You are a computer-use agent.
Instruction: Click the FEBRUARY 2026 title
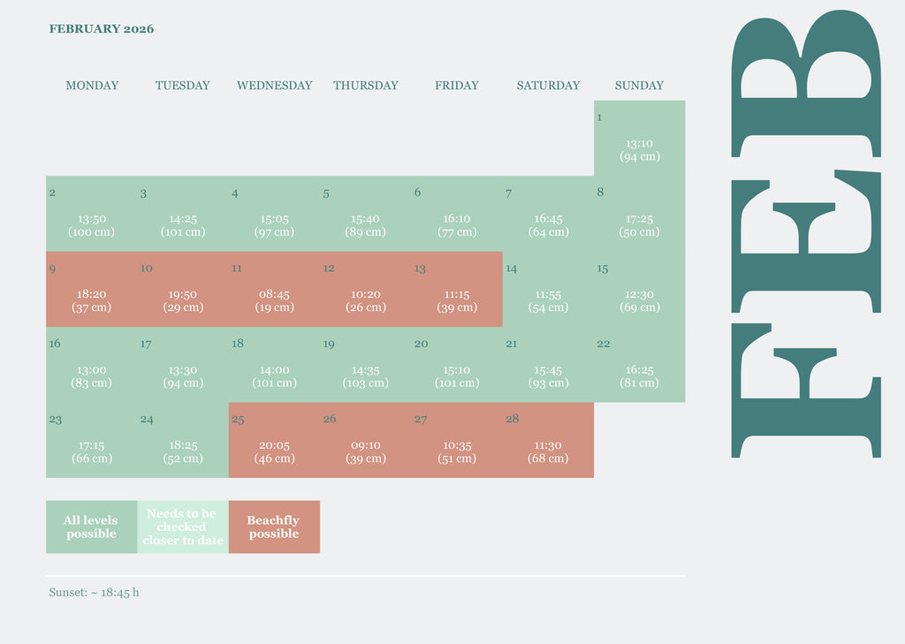[102, 29]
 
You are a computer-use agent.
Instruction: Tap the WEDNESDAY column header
[274, 86]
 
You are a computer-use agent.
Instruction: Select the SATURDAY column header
[548, 86]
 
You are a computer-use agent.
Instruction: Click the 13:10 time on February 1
[639, 143]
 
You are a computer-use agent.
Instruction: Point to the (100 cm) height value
[92, 232]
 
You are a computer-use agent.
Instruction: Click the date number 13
[420, 269]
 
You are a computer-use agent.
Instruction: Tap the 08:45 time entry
[274, 294]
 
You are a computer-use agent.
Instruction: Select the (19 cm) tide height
[274, 307]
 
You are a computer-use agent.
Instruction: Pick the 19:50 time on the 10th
[183, 294]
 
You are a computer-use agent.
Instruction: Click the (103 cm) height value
[365, 383]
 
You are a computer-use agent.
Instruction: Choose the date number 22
[604, 344]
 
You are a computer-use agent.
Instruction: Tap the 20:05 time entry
[274, 446]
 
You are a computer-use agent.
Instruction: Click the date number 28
[513, 419]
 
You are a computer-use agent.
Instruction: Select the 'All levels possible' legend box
[91, 527]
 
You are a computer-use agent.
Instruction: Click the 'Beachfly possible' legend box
[274, 527]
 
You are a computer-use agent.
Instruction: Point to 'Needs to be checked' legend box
[182, 527]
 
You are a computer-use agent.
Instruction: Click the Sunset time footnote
[94, 593]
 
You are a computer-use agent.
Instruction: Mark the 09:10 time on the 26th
[365, 446]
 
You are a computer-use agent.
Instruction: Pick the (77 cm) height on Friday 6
[457, 232]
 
